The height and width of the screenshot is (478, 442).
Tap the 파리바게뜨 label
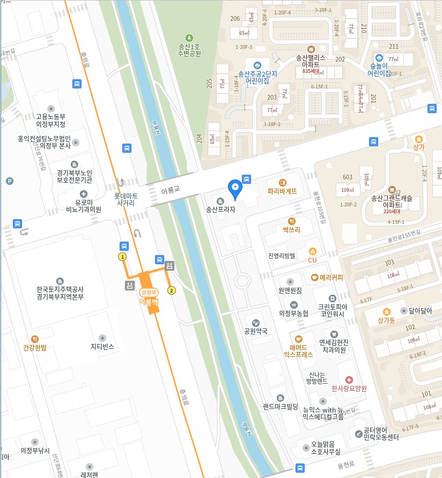click(282, 191)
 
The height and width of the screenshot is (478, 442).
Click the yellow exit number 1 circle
click(122, 257)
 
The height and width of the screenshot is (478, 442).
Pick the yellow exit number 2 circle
click(172, 290)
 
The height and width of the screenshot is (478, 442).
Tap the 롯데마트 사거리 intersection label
click(126, 199)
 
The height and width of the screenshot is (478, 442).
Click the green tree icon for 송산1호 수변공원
click(189, 38)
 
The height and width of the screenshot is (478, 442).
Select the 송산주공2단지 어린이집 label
click(257, 77)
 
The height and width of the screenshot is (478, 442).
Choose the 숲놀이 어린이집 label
click(379, 70)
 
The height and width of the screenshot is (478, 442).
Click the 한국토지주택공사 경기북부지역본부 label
click(60, 293)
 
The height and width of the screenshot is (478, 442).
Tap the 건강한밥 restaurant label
click(35, 347)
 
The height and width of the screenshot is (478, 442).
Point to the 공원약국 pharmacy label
click(256, 331)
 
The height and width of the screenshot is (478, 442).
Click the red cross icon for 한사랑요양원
click(349, 379)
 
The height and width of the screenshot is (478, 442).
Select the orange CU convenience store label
click(312, 260)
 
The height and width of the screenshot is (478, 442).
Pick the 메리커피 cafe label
click(331, 278)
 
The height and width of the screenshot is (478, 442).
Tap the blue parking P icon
click(9, 181)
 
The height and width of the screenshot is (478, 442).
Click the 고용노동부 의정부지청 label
click(50, 120)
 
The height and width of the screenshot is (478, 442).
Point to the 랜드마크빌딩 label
click(281, 406)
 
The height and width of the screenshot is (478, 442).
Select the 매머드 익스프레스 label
click(298, 350)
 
